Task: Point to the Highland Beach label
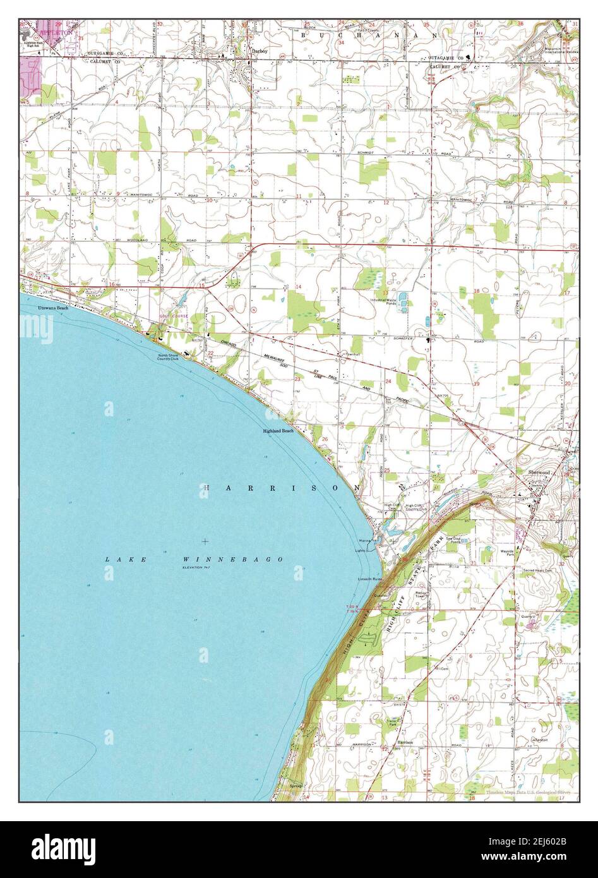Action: point(278,431)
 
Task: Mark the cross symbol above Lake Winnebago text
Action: point(205,541)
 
